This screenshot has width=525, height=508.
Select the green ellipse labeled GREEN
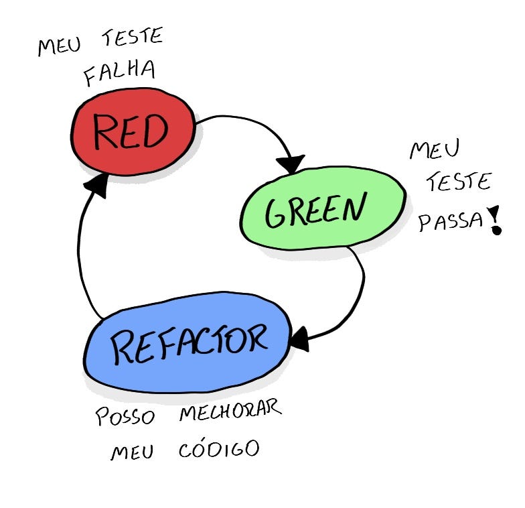[323, 207]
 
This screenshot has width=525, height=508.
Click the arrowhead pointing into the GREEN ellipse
[292, 163]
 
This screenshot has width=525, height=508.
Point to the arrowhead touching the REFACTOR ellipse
[299, 338]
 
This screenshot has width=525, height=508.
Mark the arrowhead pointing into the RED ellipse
[98, 185]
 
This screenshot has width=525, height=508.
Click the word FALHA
[119, 73]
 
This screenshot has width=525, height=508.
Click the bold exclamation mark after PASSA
[496, 220]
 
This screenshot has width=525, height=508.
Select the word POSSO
[125, 416]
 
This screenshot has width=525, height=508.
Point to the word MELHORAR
[230, 411]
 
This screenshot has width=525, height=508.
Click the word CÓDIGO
[218, 450]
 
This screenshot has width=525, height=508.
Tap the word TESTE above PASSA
[459, 181]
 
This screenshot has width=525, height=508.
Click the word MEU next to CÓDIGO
[132, 453]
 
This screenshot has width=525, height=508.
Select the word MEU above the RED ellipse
[60, 46]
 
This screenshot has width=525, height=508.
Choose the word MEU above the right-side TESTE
[434, 149]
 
